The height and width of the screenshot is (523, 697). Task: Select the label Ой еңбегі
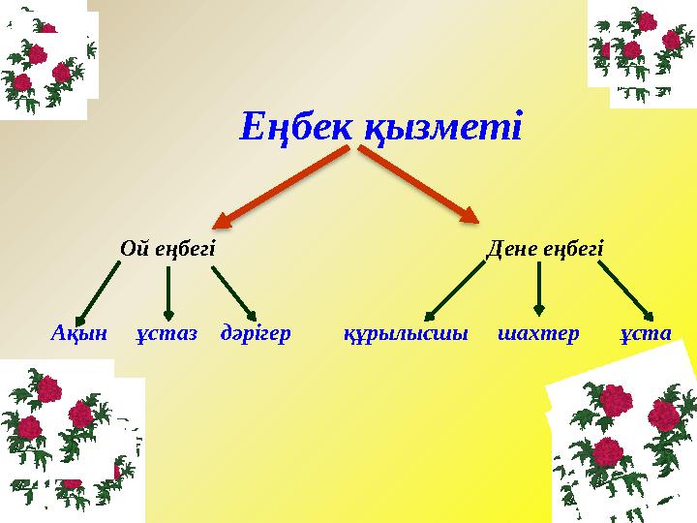pyautogui.click(x=167, y=249)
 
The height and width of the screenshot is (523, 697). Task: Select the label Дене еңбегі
pyautogui.click(x=544, y=249)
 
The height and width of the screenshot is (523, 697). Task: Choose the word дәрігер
pyautogui.click(x=256, y=334)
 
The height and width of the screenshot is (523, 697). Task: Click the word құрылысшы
pyautogui.click(x=406, y=334)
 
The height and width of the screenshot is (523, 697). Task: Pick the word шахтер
pyautogui.click(x=538, y=334)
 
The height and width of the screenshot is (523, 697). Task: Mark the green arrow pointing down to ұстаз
pyautogui.click(x=168, y=292)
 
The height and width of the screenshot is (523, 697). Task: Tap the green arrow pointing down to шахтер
pyautogui.click(x=538, y=289)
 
